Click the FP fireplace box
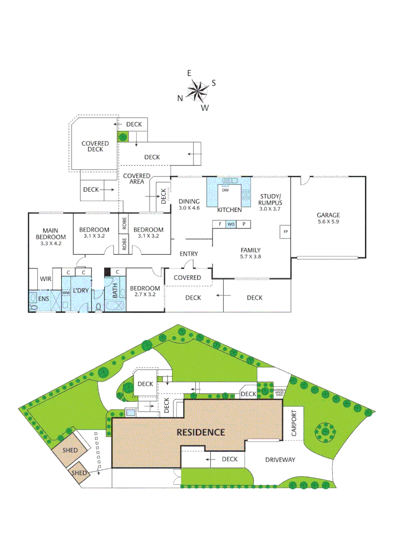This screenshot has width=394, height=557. pyautogui.click(x=285, y=232)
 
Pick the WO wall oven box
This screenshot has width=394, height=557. pyautogui.click(x=231, y=224)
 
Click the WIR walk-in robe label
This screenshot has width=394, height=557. pyautogui.click(x=45, y=279)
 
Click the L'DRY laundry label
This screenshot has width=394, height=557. pyautogui.click(x=81, y=291)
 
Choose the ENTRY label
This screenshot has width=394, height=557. pyautogui.click(x=189, y=254)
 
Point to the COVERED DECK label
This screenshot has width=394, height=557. pyautogui.click(x=95, y=146)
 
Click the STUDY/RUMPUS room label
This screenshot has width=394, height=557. pyautogui.click(x=270, y=199)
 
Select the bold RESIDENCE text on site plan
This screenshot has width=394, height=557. pyautogui.click(x=201, y=432)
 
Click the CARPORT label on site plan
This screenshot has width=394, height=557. pyautogui.click(x=294, y=423)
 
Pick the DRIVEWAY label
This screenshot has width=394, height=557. pyautogui.click(x=280, y=460)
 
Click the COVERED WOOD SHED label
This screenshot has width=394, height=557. pyautogui.click(x=279, y=392)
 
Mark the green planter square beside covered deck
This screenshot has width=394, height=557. pyautogui.click(x=124, y=137)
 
